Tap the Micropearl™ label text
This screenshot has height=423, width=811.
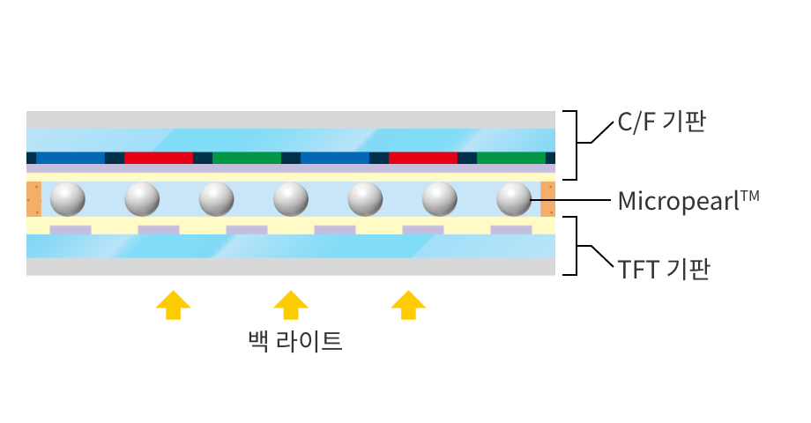688,200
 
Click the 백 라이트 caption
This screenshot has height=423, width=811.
295,339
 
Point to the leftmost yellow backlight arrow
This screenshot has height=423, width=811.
173,304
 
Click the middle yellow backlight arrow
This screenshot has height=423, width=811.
290,304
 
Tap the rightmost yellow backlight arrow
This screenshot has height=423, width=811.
408,304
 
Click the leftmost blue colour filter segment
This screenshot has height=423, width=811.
71,158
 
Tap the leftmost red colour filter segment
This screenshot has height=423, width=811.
159,158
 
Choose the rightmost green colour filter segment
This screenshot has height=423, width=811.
511,158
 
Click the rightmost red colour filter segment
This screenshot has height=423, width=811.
423,158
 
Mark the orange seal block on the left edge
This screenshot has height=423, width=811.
33,199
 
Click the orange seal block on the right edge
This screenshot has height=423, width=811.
547,199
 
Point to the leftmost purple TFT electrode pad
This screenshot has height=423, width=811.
71,230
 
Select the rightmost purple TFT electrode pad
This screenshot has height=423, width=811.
511,230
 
